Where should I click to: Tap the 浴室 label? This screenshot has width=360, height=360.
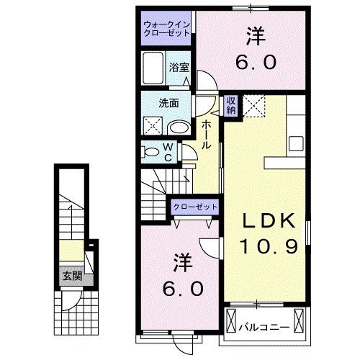point(179,67)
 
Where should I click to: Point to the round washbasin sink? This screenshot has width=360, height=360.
point(180,127)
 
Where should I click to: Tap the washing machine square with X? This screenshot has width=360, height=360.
point(153,126)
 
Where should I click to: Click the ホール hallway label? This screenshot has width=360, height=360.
point(207,135)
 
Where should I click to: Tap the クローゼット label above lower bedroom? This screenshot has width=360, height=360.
point(194,207)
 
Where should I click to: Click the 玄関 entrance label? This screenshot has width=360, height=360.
point(69,275)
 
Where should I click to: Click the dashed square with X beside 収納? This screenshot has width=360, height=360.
point(253,106)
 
